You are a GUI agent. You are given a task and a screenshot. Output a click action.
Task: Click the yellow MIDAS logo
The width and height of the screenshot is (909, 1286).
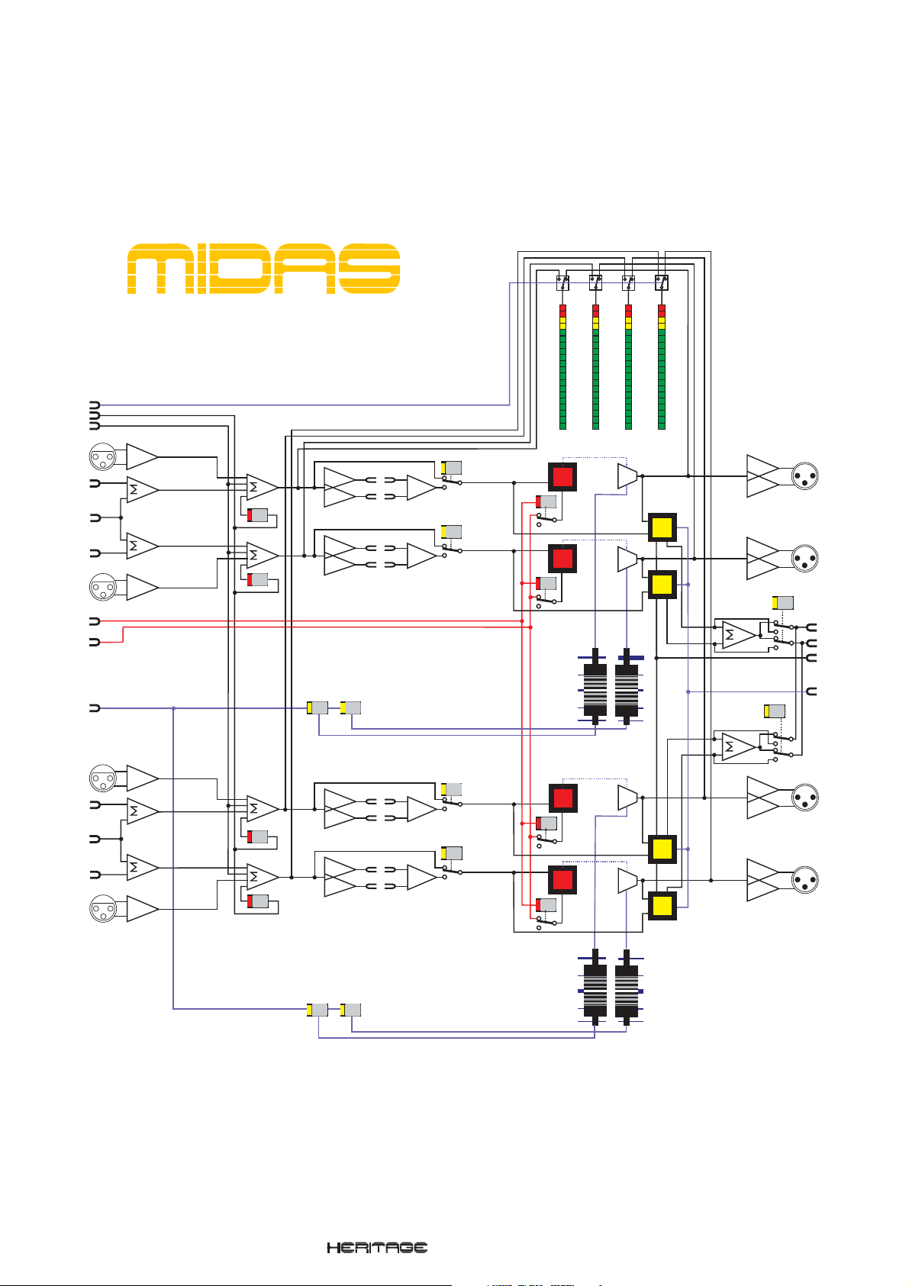[263, 269]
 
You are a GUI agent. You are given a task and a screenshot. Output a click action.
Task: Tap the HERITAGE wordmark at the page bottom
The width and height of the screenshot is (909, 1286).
[377, 1248]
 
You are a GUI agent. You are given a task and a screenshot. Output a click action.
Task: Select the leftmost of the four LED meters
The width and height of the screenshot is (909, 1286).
[562, 366]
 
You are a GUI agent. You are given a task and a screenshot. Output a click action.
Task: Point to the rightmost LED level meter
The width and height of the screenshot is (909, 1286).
[662, 366]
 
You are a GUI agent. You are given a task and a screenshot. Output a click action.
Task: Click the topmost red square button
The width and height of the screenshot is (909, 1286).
[562, 477]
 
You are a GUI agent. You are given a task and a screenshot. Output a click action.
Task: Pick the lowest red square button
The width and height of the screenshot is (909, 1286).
[562, 880]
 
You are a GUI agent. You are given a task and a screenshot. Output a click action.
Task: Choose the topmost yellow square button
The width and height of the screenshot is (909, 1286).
[662, 527]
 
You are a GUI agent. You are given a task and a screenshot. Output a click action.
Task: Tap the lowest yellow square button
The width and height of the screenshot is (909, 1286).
[662, 906]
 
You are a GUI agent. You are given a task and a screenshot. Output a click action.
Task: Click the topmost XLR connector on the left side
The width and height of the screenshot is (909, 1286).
[102, 456]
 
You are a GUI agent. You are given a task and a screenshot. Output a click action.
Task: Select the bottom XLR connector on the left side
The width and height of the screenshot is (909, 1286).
[102, 909]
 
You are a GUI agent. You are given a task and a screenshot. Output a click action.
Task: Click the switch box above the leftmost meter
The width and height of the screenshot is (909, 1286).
[562, 282]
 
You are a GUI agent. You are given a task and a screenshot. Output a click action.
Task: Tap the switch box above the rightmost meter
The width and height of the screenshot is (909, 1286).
[662, 282]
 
